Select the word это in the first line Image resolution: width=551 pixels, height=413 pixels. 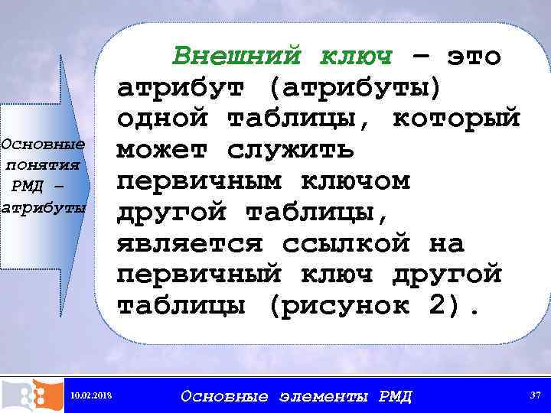coord(474,55)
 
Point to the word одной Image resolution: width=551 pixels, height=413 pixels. coord(162,119)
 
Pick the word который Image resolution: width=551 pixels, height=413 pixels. coord(456,119)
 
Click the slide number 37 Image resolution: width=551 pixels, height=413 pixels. coord(533,395)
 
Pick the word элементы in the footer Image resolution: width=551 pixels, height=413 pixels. coord(323,396)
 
